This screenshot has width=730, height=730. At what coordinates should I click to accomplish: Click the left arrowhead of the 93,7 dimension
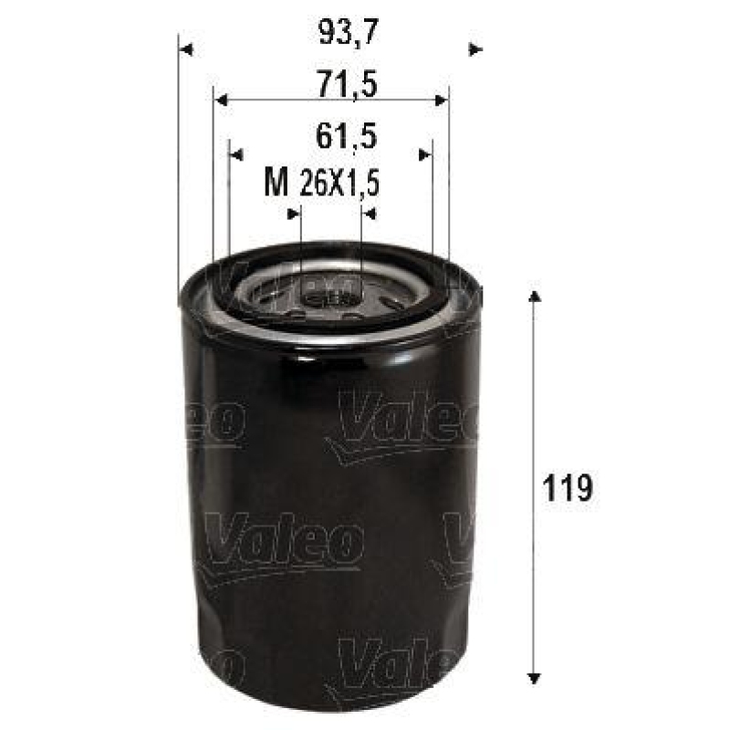186,49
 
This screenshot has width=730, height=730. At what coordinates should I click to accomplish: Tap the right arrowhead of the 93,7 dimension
474,49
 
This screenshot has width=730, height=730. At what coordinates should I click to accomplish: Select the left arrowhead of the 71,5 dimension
220,100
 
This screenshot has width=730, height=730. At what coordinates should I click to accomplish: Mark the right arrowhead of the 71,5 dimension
442,100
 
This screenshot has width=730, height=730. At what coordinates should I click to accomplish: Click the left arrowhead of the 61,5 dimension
236,154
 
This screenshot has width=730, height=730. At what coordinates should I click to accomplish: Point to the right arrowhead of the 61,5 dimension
424,154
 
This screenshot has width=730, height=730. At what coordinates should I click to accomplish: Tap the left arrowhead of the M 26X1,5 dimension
294,214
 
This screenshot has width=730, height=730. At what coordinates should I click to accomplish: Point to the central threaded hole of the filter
330,294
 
